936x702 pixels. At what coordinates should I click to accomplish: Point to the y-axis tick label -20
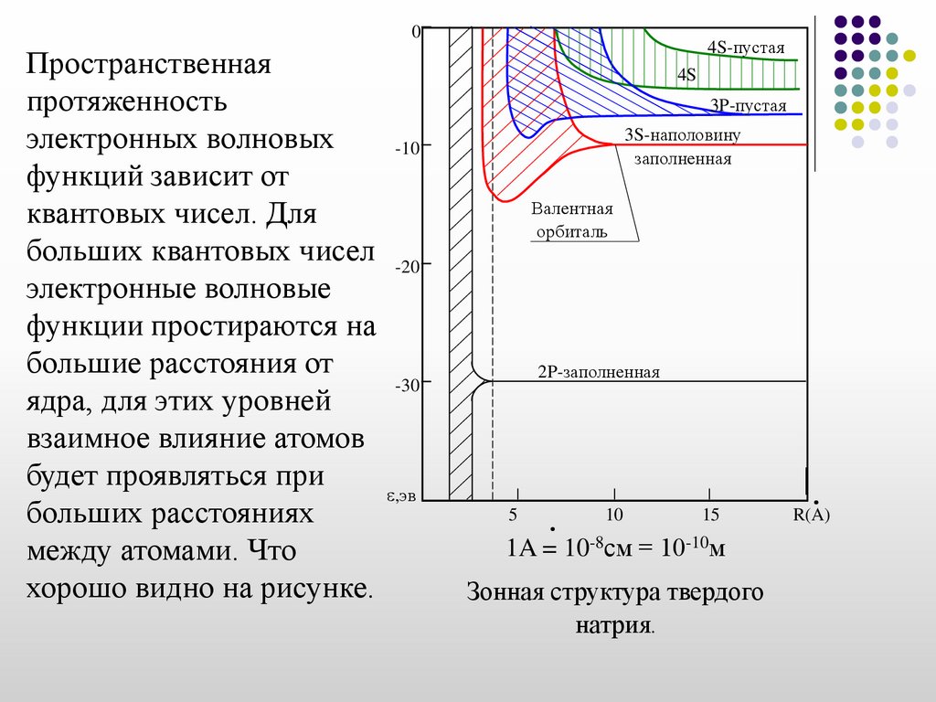pos(406,267)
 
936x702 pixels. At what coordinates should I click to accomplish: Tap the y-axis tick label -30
pos(406,386)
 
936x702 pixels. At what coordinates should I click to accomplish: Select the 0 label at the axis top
pos(415,31)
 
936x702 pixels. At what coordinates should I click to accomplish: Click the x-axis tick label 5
pos(513,515)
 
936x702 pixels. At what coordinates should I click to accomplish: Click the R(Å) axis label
pos(811,515)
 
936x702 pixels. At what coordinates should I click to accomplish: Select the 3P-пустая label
pos(749,106)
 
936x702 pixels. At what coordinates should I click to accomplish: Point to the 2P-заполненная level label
pos(599,372)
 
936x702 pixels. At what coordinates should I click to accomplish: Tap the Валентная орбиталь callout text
pos(572,219)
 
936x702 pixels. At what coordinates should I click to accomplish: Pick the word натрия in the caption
pos(614,628)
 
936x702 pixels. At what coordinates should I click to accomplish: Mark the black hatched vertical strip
pos(460,265)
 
